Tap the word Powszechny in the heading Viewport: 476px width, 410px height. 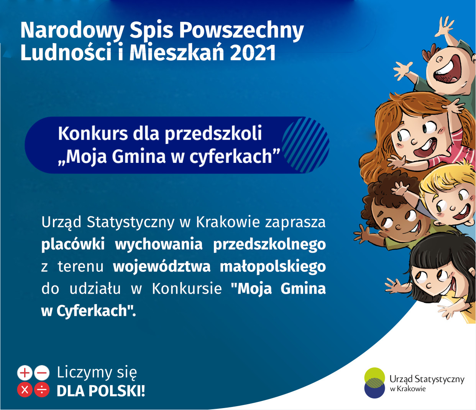click(x=241, y=31)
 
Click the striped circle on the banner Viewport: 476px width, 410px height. click(x=305, y=145)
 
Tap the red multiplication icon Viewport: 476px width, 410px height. click(x=25, y=390)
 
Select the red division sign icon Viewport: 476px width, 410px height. click(x=42, y=390)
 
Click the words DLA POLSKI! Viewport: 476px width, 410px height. click(x=101, y=391)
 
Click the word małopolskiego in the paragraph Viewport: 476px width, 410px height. click(x=272, y=267)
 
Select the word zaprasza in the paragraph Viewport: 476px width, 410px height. click(x=295, y=222)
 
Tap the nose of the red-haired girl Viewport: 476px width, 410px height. click(x=414, y=141)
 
